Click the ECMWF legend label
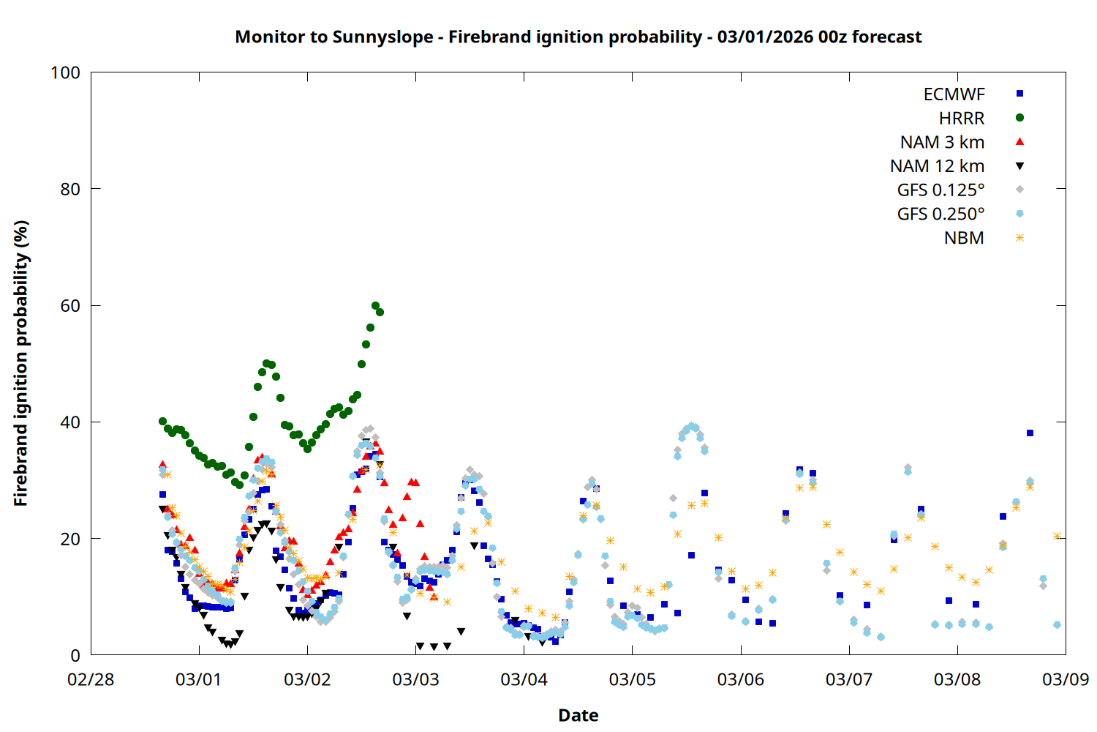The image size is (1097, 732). click(x=954, y=94)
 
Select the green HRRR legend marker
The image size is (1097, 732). click(x=1019, y=118)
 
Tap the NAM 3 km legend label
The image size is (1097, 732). click(x=942, y=142)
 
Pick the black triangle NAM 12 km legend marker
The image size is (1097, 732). click(x=1019, y=166)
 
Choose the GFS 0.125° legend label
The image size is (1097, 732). click(x=940, y=190)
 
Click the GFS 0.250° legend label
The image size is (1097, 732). click(x=940, y=214)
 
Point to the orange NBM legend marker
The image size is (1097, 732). click(x=1019, y=238)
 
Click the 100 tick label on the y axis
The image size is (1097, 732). click(x=65, y=72)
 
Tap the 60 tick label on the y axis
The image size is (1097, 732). click(x=70, y=306)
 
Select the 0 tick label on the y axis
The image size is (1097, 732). click(x=75, y=656)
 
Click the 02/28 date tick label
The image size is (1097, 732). click(x=91, y=680)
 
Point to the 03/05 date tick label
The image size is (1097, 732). click(x=632, y=680)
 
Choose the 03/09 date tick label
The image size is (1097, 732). click(x=1065, y=680)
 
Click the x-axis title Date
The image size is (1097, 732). click(x=578, y=715)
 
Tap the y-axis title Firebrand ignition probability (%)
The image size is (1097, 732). click(x=21, y=363)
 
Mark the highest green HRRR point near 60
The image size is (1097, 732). click(x=375, y=306)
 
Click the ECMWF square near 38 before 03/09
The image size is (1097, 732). click(x=1030, y=433)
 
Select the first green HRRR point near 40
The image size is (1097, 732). click(x=162, y=422)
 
